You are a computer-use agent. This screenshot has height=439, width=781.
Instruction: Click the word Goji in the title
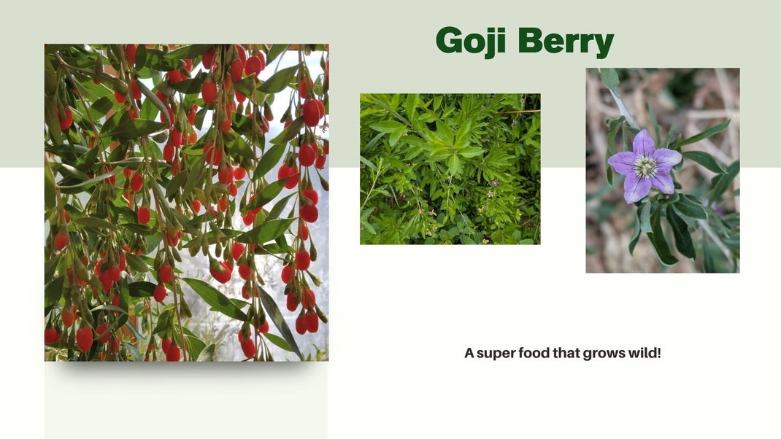coord(472,42)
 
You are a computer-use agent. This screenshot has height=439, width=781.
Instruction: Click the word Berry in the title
coord(566,42)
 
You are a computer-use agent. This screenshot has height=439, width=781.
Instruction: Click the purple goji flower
coord(645,166)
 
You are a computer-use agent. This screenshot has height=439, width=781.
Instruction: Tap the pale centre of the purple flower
coord(645,167)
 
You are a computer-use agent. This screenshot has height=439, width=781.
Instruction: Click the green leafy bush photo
coord(450,168)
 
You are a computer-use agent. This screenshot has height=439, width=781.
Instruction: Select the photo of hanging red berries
coord(186,203)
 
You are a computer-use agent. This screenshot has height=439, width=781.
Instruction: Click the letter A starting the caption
coord(469,353)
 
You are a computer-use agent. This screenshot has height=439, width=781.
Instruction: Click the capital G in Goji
coord(450,41)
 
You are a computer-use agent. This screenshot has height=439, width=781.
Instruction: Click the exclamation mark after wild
coord(658,353)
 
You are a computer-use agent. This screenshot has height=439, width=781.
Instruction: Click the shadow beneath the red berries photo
coord(186,368)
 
